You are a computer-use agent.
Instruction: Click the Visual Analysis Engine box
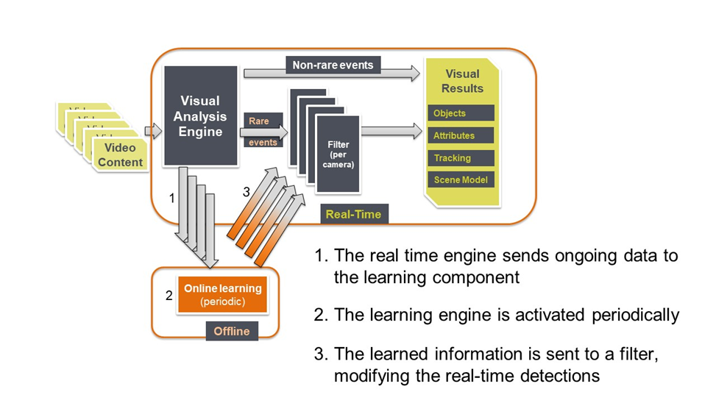[x=200, y=115]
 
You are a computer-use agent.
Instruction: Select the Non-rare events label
[x=333, y=65]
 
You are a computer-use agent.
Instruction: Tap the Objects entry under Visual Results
[x=461, y=113]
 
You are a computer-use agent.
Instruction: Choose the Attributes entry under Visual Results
[x=461, y=135]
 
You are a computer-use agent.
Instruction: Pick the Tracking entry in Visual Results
[x=461, y=158]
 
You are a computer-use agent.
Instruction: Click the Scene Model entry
[x=461, y=180]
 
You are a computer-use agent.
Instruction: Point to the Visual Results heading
[x=462, y=81]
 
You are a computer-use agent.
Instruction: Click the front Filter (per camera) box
[x=338, y=154]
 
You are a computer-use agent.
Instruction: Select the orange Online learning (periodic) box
[x=222, y=294]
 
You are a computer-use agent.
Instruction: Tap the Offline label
[x=232, y=331]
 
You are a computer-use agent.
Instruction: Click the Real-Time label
[x=354, y=214]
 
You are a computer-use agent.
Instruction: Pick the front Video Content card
[x=120, y=154]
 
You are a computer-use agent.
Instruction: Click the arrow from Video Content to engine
[x=153, y=132]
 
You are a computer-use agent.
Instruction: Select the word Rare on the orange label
[x=259, y=121]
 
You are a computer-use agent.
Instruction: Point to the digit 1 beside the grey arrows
[x=171, y=198]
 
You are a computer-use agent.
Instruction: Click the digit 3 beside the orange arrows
[x=247, y=192]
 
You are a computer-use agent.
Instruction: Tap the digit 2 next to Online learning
[x=169, y=296]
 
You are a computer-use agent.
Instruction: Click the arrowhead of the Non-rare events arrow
[x=415, y=73]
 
